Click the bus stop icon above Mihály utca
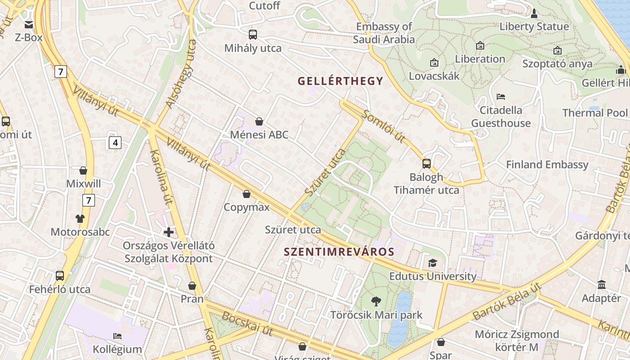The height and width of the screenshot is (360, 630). (x=253, y=34)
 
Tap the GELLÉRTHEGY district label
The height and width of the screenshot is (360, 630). (x=340, y=81)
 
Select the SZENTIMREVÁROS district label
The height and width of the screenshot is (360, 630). (x=339, y=252)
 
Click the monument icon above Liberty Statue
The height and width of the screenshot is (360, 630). (x=534, y=13)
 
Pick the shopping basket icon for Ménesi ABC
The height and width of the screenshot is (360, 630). (x=259, y=121)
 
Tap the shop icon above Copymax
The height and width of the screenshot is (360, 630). (x=247, y=194)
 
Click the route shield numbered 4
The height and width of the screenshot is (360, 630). (x=115, y=143)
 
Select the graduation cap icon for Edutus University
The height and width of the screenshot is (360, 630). (x=432, y=263)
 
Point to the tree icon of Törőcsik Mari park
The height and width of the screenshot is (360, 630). (x=376, y=301)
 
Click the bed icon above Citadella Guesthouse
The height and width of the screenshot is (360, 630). (x=501, y=96)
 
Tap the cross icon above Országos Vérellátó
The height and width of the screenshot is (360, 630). (x=169, y=232)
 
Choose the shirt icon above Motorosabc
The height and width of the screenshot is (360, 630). (x=80, y=219)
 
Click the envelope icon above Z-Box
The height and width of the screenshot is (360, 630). (x=29, y=24)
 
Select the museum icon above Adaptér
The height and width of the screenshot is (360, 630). (x=602, y=284)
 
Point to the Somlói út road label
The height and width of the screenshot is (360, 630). (x=384, y=126)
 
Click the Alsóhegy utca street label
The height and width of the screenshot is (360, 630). (x=181, y=74)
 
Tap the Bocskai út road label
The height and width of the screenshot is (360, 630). (x=247, y=324)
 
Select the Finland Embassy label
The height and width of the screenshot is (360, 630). (x=547, y=165)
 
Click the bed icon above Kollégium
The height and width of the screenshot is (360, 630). (x=117, y=336)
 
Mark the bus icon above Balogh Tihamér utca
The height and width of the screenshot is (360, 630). (x=427, y=163)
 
